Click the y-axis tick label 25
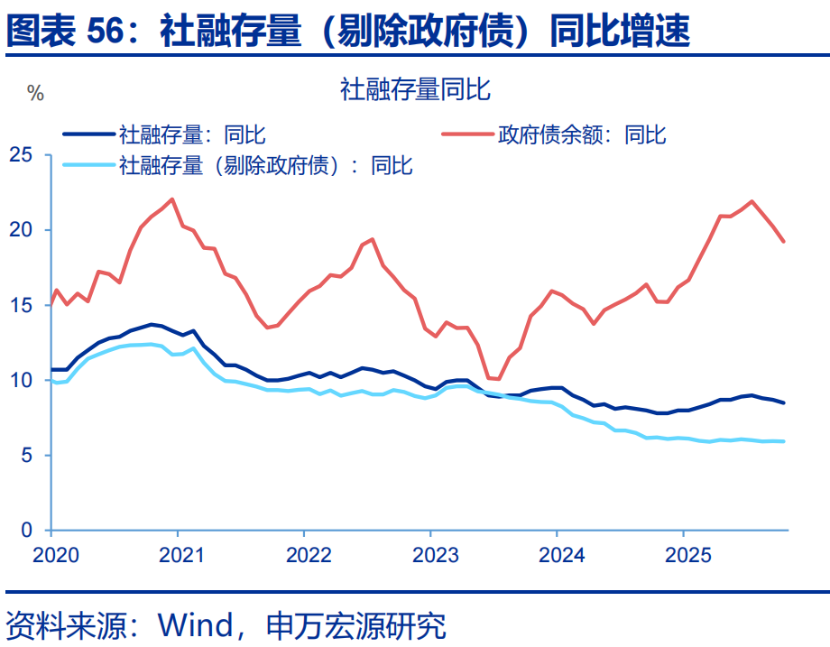pos(21,156)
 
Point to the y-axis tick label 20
pos(21,231)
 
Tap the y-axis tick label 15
pos(21,306)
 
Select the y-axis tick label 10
pos(21,381)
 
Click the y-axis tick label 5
pos(27,456)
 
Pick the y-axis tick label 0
pos(27,531)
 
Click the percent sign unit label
pos(36,94)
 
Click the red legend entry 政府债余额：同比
pos(582,134)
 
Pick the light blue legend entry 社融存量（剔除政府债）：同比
pos(265,165)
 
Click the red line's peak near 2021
pos(172,199)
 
